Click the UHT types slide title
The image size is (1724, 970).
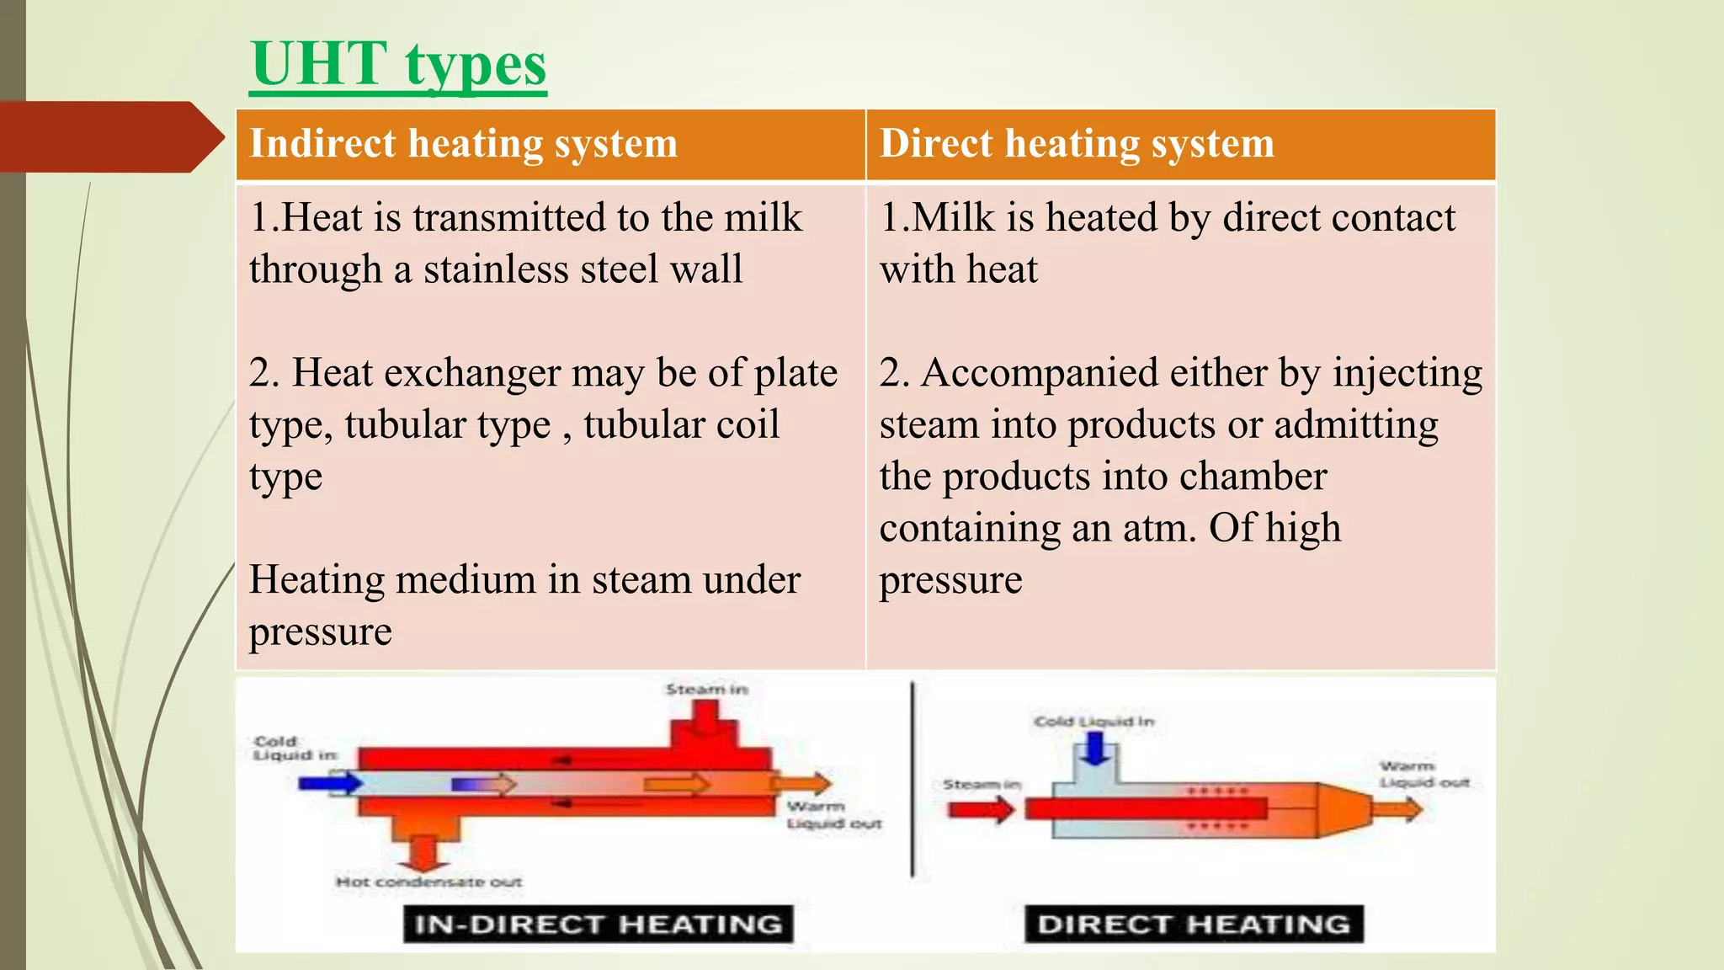398,66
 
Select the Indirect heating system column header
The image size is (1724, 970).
463,143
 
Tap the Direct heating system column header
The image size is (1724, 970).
1077,143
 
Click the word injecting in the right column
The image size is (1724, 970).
1407,373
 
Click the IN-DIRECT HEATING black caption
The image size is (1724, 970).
598,924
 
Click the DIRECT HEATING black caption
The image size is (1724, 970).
1194,924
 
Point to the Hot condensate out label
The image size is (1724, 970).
428,882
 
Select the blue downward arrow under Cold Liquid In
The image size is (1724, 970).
1094,748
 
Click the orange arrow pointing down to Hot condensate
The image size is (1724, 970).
423,854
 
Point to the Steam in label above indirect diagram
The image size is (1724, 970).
706,690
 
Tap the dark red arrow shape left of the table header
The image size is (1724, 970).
109,137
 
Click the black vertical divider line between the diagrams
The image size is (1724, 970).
913,779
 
